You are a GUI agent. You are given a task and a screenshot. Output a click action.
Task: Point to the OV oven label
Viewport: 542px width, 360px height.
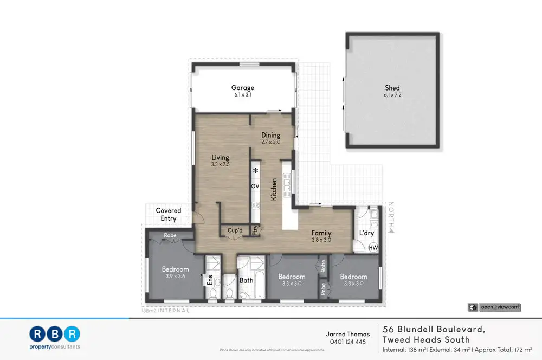point(255,186)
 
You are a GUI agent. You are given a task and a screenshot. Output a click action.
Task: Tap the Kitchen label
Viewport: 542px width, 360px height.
point(274,189)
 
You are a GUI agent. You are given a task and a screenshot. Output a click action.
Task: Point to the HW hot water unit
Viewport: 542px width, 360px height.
point(373,248)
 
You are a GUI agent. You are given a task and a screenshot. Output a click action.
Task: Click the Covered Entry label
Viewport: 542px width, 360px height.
point(169,215)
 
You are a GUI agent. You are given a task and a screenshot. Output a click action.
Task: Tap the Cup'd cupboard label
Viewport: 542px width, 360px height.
point(235,230)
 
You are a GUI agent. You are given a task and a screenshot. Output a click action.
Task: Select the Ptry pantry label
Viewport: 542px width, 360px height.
point(255,230)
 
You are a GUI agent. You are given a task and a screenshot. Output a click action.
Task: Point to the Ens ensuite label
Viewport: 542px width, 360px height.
point(210,280)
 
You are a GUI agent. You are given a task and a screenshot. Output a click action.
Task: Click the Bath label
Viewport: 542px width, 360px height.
point(247,280)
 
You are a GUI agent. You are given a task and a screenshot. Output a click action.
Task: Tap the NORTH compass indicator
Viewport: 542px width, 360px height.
point(391,217)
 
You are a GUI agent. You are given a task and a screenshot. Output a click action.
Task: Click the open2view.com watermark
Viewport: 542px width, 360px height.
point(494,307)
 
